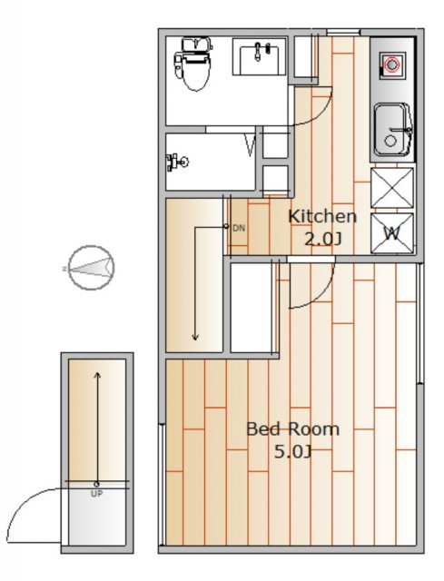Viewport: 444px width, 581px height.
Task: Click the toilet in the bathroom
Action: (x=192, y=63)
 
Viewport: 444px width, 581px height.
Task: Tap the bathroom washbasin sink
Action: (x=259, y=56)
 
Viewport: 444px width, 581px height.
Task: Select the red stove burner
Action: (x=391, y=64)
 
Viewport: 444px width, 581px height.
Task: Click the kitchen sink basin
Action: (x=392, y=129)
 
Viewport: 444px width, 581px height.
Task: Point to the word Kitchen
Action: (x=322, y=217)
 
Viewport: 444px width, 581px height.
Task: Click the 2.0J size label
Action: (x=322, y=239)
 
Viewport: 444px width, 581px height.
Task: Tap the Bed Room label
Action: (x=292, y=429)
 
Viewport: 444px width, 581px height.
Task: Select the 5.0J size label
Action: (x=292, y=452)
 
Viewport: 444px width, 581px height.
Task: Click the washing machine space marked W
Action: (x=392, y=233)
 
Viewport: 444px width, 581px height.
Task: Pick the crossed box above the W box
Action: (x=392, y=188)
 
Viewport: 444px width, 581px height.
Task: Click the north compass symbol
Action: (x=91, y=268)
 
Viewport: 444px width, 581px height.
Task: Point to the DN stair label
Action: (x=239, y=228)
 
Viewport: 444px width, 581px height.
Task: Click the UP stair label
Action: (x=97, y=494)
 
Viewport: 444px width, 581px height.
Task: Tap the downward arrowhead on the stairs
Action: (x=195, y=337)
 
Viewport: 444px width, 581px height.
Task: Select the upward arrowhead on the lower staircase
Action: (x=97, y=375)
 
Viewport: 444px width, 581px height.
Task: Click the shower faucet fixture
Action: (x=177, y=162)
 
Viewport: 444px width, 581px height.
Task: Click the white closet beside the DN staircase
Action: (x=252, y=308)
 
